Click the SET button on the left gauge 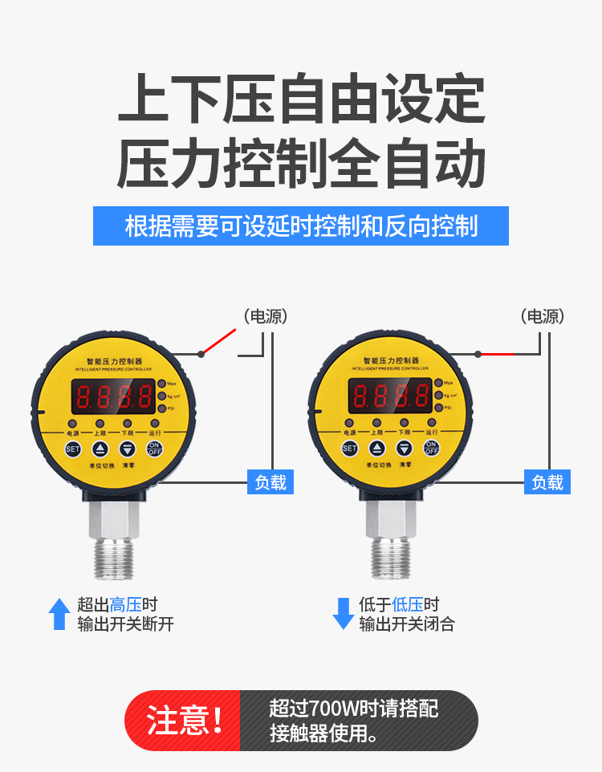click(x=73, y=449)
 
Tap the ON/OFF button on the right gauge click(x=431, y=449)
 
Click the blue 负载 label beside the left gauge click(x=270, y=482)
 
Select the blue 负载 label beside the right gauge click(x=547, y=482)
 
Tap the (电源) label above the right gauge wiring click(x=543, y=316)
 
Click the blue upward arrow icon click(x=59, y=614)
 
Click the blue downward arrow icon click(x=344, y=614)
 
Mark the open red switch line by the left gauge click(x=219, y=341)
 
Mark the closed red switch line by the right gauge click(x=498, y=353)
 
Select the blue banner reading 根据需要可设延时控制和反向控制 click(x=301, y=226)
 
